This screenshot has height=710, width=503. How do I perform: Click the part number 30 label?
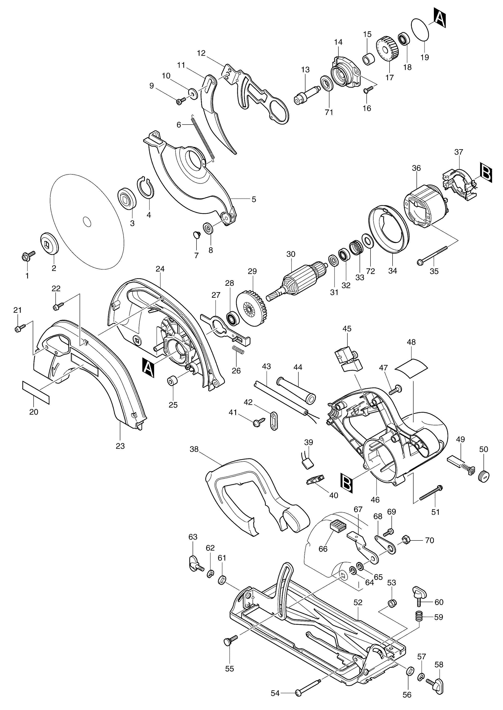pos(291,254)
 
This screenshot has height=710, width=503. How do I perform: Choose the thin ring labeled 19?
pos(421,29)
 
